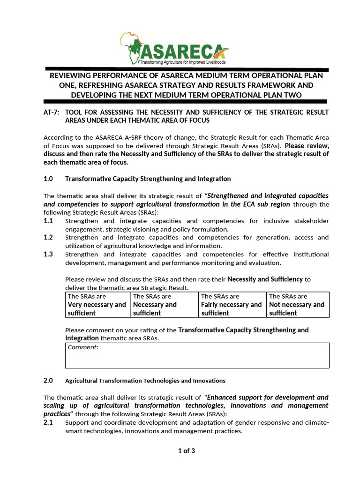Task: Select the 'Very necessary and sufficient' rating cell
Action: pos(97,305)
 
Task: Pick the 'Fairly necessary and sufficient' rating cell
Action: pos(232,305)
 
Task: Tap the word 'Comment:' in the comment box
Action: pos(83,347)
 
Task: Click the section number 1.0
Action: pos(48,179)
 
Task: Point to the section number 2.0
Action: pos(48,380)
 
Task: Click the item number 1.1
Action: pos(48,220)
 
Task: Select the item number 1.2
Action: pos(48,237)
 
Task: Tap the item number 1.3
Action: pos(48,254)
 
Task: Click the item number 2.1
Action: pos(48,422)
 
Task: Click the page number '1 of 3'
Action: pos(186,451)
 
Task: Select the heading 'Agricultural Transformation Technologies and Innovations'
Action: pos(145,381)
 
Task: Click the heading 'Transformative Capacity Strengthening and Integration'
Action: pos(148,179)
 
